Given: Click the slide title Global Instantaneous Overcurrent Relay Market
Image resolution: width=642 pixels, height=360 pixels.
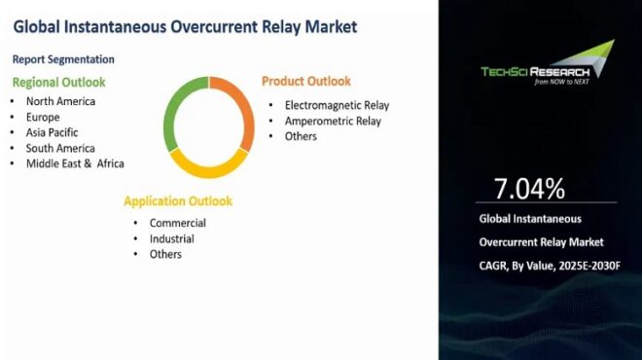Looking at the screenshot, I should point(185,26).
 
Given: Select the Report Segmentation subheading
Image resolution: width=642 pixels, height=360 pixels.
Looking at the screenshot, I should point(64,59).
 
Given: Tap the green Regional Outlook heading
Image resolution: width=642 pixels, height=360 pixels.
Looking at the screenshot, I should point(58,82).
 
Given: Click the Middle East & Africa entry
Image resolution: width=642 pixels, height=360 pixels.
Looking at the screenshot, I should point(75,162).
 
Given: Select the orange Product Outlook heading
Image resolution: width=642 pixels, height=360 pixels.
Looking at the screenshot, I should point(306,81).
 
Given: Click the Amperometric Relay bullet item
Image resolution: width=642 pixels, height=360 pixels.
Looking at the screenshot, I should point(333,121).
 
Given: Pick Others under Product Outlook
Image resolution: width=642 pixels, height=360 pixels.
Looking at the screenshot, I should point(301,136).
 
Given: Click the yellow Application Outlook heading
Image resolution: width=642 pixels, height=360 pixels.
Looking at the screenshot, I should point(178,201).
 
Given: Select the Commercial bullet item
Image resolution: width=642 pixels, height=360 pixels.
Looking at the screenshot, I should point(177,223).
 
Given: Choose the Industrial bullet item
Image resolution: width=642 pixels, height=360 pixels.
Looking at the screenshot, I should point(171,238).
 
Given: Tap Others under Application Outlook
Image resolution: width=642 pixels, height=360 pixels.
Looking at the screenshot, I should point(165,254).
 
